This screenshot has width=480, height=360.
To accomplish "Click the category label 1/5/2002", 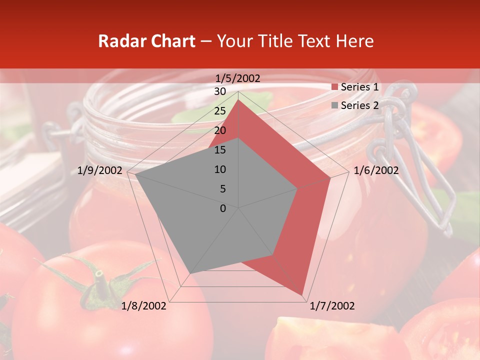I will click(238, 78).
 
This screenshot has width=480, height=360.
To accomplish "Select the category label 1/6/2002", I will click(376, 170).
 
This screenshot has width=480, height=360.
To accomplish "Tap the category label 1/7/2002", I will click(332, 306).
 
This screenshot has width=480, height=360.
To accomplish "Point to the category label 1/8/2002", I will click(144, 306).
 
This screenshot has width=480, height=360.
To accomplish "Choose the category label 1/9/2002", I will click(100, 170).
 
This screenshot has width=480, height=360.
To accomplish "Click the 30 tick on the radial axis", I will click(220, 91).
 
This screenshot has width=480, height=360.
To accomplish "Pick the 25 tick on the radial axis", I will click(220, 111).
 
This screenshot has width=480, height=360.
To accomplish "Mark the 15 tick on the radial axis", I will click(220, 150).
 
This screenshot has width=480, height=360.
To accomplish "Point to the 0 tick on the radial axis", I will click(223, 208).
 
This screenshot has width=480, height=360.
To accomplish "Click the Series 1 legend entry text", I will click(359, 87).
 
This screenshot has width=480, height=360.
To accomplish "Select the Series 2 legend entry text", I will click(359, 105).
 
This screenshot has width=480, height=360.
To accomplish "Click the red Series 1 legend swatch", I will click(334, 87).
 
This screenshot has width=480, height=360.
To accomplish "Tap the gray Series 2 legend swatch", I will click(334, 106).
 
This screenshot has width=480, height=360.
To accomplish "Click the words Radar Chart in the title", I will click(146, 41).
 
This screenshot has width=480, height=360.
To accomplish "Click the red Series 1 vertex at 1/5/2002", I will click(238, 99).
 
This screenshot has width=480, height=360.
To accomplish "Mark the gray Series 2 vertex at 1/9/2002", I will click(135, 174).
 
